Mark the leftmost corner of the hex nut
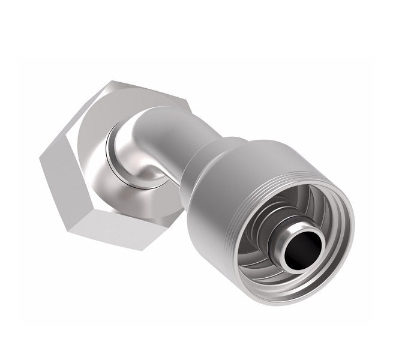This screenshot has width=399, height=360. click(x=38, y=157)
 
